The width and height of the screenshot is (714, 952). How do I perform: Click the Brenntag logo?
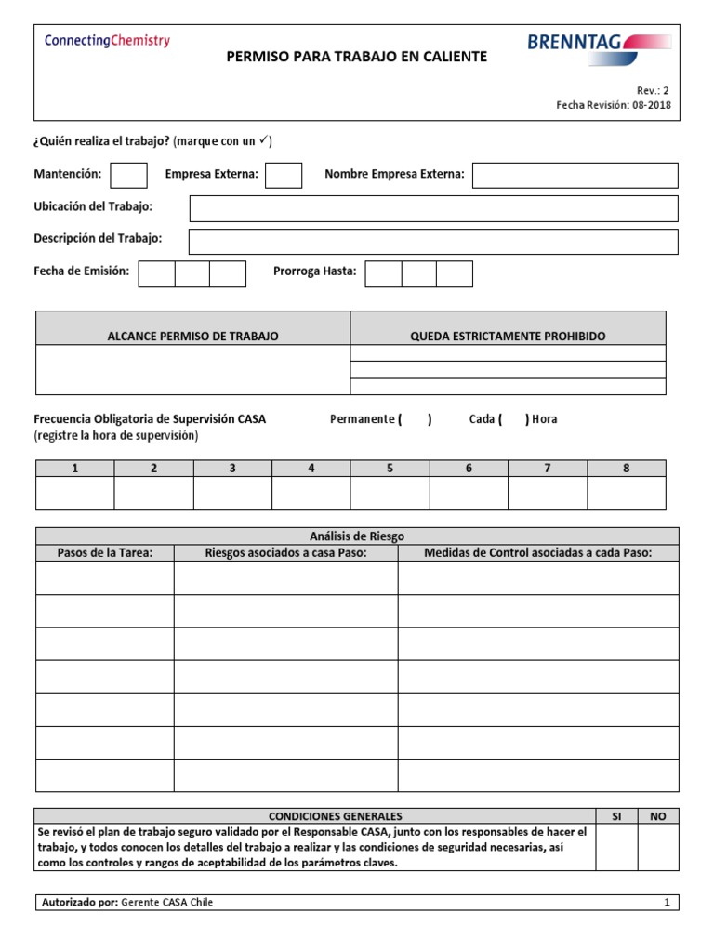pyautogui.click(x=599, y=43)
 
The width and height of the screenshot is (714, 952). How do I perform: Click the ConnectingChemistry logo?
pyautogui.click(x=107, y=41)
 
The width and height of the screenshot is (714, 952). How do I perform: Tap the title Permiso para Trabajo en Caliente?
pyautogui.click(x=357, y=58)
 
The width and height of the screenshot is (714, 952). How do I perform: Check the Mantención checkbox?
pyautogui.click(x=128, y=175)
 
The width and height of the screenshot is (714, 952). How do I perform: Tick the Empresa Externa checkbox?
pyautogui.click(x=284, y=175)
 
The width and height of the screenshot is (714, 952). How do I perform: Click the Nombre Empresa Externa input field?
pyautogui.click(x=575, y=175)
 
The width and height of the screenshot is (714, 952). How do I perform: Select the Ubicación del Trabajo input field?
pyautogui.click(x=433, y=208)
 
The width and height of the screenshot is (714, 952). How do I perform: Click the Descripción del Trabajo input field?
pyautogui.click(x=433, y=241)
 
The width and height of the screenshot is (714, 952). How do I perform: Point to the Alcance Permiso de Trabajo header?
pyautogui.click(x=192, y=336)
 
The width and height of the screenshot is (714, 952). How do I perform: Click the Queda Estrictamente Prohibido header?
pyautogui.click(x=508, y=336)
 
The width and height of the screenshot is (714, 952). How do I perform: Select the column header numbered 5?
pyautogui.click(x=390, y=469)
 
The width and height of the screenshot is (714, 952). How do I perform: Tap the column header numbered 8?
pyautogui.click(x=626, y=469)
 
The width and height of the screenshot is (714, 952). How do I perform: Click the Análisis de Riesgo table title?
pyautogui.click(x=357, y=536)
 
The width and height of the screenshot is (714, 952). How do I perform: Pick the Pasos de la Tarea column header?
pyautogui.click(x=104, y=553)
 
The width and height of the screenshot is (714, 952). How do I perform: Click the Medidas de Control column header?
pyautogui.click(x=538, y=553)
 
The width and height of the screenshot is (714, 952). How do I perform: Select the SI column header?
pyautogui.click(x=615, y=816)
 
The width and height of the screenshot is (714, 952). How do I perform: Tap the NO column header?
pyautogui.click(x=658, y=816)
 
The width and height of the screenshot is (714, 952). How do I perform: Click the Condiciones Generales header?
pyautogui.click(x=315, y=816)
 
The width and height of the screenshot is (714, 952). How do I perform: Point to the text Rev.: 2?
pyautogui.click(x=653, y=90)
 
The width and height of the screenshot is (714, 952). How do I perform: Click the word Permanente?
pyautogui.click(x=363, y=419)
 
